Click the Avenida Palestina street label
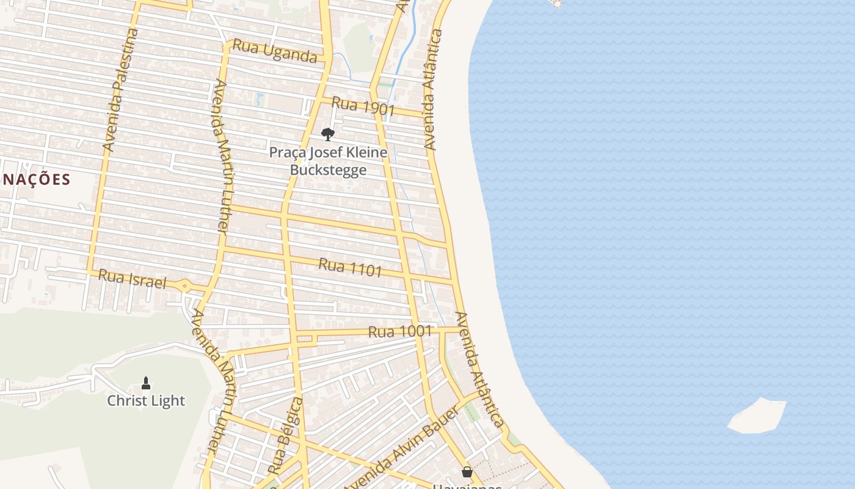(x=118, y=90)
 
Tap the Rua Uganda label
(x=275, y=51)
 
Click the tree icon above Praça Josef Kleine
(x=328, y=134)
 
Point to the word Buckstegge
(x=328, y=169)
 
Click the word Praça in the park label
(x=288, y=152)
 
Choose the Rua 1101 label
(x=350, y=267)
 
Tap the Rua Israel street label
(x=132, y=279)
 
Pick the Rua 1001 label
(x=400, y=332)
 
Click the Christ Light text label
(x=146, y=400)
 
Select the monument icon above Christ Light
(x=146, y=383)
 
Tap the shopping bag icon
(x=467, y=472)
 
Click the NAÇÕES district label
(x=37, y=180)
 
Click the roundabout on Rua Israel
(x=184, y=285)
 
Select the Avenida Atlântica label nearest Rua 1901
(x=432, y=89)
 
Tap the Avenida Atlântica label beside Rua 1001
(x=480, y=370)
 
